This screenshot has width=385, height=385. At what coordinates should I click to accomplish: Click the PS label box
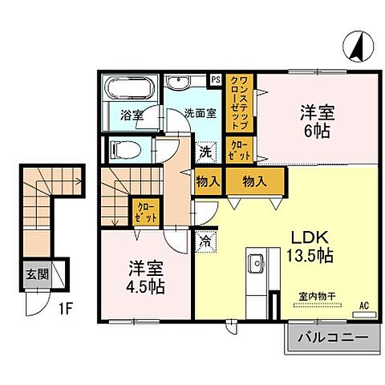(x=215, y=79)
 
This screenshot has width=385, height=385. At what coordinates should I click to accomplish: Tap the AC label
(x=363, y=306)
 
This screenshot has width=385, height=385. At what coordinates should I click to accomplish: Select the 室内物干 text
(x=317, y=296)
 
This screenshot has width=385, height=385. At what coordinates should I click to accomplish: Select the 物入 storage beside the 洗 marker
(x=208, y=182)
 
